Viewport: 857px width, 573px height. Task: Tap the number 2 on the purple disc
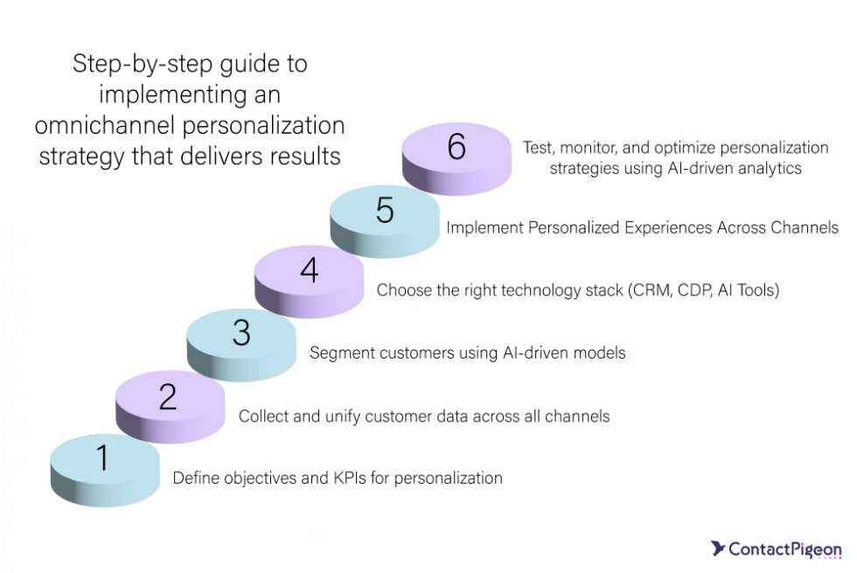click(x=168, y=396)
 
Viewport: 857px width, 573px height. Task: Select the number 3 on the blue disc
click(x=241, y=334)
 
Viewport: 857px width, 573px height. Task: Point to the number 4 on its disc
click(x=309, y=270)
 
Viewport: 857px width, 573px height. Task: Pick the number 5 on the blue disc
click(x=385, y=210)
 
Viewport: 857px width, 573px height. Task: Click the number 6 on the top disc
click(x=456, y=148)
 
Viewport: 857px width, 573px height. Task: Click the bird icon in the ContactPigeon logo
click(x=717, y=549)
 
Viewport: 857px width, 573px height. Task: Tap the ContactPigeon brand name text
click(x=785, y=549)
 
